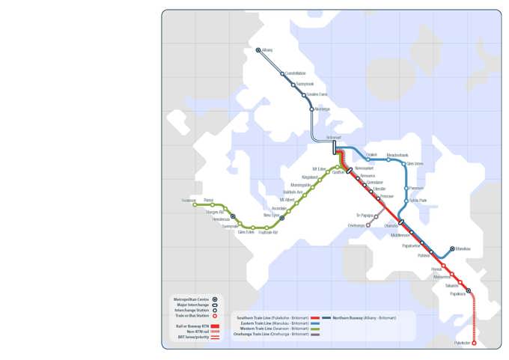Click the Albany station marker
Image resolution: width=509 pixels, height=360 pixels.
coord(258,50)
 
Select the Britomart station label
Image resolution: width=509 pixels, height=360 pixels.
coord(334,137)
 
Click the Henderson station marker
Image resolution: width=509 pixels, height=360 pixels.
coord(233,216)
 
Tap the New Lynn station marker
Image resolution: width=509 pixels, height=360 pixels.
coord(282,218)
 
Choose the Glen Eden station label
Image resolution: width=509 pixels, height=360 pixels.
coord(246,232)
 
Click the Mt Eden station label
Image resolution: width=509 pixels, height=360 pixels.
coord(319,169)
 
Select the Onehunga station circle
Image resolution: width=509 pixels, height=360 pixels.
coord(368,225)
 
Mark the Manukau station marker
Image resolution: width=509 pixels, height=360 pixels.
coord(452,248)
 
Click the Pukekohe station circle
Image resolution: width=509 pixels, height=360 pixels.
coord(475,344)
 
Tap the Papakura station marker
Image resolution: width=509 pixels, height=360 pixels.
coord(469,290)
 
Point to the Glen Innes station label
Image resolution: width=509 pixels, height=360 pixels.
coord(415,163)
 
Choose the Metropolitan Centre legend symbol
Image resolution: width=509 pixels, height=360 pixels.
coord(215,299)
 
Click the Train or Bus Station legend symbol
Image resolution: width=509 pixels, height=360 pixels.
coord(215,316)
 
